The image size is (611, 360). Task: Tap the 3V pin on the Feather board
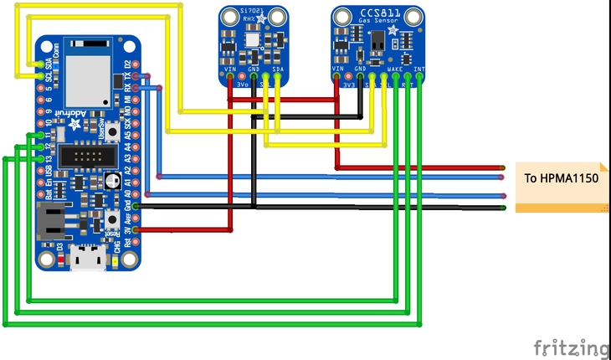tap(135, 229)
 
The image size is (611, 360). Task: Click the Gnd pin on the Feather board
tap(135, 205)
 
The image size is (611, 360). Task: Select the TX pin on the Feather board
tap(146, 77)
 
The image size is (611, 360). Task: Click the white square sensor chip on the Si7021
tap(252, 39)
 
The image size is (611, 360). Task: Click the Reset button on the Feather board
tap(112, 221)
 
